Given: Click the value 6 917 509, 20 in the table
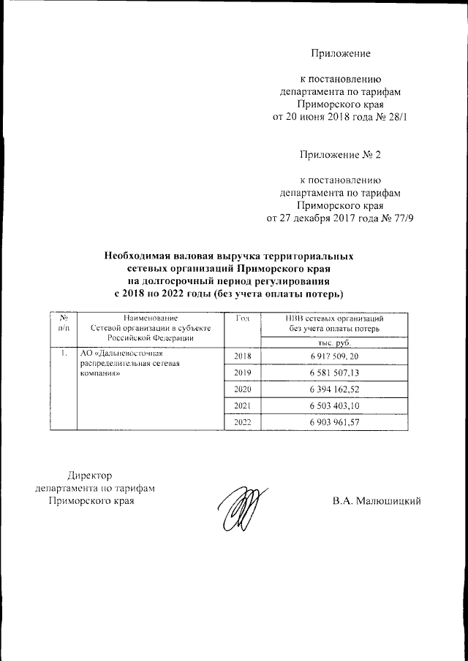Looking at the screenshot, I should (x=336, y=356).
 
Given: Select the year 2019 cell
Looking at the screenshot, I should (x=242, y=372).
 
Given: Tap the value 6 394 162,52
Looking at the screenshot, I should (x=336, y=389).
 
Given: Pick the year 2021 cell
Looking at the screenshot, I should (x=242, y=406).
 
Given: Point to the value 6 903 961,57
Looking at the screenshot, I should (x=336, y=423).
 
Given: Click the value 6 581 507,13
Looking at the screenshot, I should (x=336, y=372).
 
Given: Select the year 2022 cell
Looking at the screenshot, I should (x=242, y=423).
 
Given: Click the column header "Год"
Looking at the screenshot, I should (x=244, y=318).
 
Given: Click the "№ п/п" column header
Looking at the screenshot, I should (x=64, y=324).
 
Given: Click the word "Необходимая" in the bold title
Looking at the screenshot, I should (x=138, y=257).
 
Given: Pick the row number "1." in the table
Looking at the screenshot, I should (x=65, y=354).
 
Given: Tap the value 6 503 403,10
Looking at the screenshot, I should (x=336, y=406).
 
